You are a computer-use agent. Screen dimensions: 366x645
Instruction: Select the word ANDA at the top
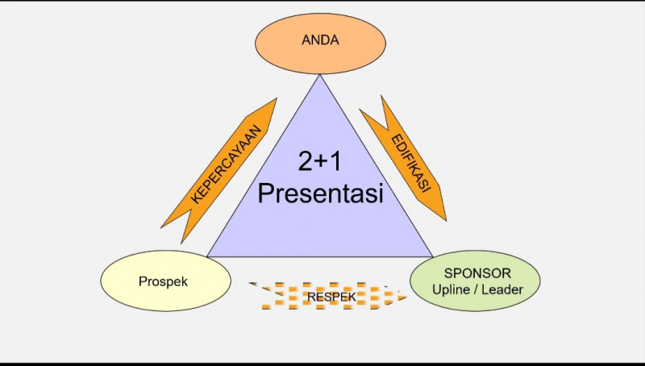tap(320, 39)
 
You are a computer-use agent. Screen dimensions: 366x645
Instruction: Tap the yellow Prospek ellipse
tap(154, 283)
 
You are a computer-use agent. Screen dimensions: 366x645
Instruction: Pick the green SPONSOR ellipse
tap(475, 281)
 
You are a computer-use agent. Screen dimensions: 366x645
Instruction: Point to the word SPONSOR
tap(475, 273)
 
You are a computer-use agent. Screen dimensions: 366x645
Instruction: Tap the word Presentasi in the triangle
tap(320, 194)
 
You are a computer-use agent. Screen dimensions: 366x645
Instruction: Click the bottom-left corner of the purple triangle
tap(209, 256)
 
